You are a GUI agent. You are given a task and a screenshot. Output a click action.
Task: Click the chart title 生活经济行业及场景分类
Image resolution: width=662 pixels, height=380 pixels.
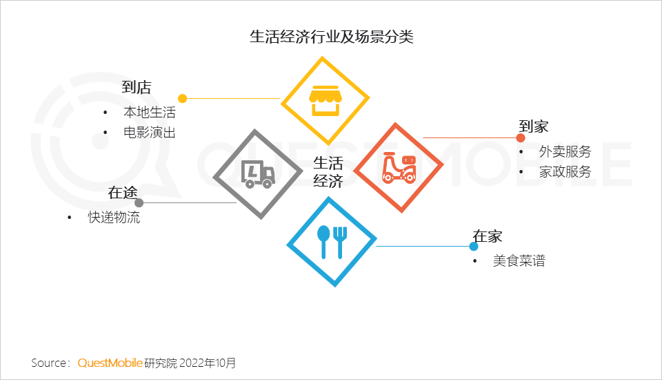tap(332, 37)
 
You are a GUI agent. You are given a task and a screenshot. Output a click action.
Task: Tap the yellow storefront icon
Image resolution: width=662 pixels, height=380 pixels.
tap(325, 101)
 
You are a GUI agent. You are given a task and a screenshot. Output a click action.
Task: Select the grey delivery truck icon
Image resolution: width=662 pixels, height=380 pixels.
tap(258, 174)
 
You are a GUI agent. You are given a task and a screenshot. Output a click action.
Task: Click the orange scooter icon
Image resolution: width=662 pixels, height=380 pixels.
tap(399, 168)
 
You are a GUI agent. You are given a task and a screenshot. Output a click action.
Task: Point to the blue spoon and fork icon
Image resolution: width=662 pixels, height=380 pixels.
tap(332, 242)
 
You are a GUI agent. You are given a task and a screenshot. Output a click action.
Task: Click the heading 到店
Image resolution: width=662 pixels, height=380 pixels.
tap(137, 87)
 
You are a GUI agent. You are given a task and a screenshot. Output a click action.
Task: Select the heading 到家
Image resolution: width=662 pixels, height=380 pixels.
tap(534, 126)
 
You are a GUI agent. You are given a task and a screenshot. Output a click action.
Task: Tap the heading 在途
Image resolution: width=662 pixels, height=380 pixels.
tap(123, 193)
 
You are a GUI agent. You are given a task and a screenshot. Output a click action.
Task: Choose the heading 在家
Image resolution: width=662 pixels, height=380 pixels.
tap(488, 236)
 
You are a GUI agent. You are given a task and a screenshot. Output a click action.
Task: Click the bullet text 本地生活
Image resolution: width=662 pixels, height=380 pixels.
tap(150, 112)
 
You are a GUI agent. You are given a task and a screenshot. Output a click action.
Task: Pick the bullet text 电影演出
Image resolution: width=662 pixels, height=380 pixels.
tap(150, 133)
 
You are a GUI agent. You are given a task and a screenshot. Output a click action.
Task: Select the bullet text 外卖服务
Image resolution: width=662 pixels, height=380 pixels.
tap(565, 151)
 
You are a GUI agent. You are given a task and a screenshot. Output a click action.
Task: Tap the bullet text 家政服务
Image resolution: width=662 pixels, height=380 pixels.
tap(565, 171)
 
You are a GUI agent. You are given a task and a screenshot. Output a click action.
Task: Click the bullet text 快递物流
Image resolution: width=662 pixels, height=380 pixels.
tap(114, 217)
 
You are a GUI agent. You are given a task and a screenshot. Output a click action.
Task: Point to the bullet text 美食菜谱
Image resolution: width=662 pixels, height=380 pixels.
tap(519, 260)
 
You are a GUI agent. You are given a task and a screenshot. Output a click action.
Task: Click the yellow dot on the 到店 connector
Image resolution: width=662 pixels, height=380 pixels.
tap(182, 99)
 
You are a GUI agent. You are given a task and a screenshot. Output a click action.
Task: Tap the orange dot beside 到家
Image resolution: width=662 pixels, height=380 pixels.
tap(521, 138)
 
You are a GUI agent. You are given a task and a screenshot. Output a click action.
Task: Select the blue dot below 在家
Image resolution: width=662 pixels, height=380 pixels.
tap(474, 246)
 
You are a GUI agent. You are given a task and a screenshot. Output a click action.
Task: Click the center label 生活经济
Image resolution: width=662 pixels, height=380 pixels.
tap(328, 172)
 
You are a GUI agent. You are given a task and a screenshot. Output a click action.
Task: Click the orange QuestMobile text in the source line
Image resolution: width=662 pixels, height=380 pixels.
tap(110, 363)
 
